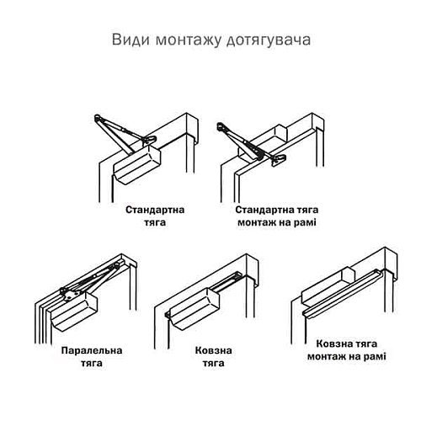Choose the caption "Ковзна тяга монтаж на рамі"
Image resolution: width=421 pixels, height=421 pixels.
pos(340,350)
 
